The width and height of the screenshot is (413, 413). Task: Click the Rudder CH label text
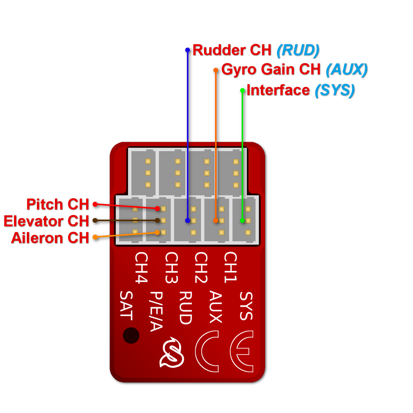pyautogui.click(x=232, y=50)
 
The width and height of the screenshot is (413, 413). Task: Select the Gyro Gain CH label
pyautogui.click(x=271, y=70)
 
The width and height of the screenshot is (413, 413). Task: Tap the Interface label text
pyautogui.click(x=278, y=90)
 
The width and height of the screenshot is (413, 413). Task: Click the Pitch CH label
pyautogui.click(x=57, y=204)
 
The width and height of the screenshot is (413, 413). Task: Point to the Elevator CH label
pyautogui.click(x=46, y=221)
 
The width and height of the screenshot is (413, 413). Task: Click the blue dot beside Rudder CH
pyautogui.click(x=188, y=50)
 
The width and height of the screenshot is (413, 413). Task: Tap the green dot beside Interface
pyautogui.click(x=243, y=91)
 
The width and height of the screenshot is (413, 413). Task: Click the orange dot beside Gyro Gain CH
pyautogui.click(x=216, y=70)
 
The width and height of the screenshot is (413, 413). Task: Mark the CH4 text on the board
pyautogui.click(x=141, y=268)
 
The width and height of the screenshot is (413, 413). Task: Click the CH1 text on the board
pyautogui.click(x=230, y=267)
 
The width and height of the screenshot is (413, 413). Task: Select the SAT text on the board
pyautogui.click(x=126, y=306)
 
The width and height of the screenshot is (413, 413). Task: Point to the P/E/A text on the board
pyautogui.click(x=156, y=311)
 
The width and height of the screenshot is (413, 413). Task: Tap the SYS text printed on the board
pyautogui.click(x=246, y=306)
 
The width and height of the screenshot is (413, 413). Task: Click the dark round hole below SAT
pyautogui.click(x=131, y=336)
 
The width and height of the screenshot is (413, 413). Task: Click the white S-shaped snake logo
pyautogui.click(x=172, y=353)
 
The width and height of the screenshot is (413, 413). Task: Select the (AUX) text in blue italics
pyautogui.click(x=346, y=70)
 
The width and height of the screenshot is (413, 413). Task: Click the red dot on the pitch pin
pyautogui.click(x=157, y=209)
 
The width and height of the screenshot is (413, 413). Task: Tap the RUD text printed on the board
pyautogui.click(x=185, y=307)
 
